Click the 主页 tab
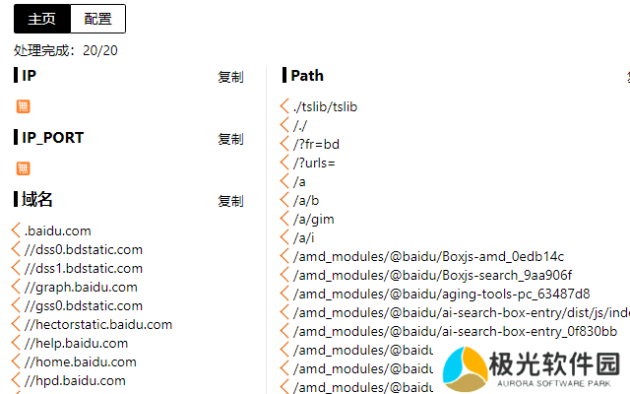point(41,18)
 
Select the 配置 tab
point(98,18)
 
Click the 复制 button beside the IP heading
point(230,77)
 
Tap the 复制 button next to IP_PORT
point(230,139)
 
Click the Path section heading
point(306,75)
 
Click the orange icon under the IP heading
point(24,106)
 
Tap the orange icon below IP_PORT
point(24,168)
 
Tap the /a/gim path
point(313,219)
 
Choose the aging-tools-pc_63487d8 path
point(441,294)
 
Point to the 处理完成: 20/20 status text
point(66,50)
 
